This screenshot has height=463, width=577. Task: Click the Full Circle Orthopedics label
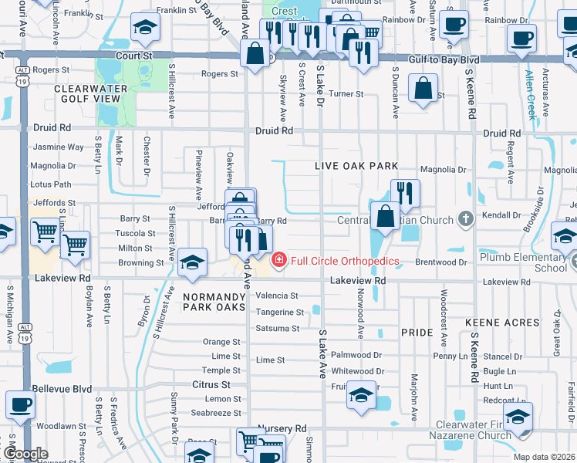[344, 261]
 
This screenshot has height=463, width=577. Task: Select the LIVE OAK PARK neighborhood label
[356, 166]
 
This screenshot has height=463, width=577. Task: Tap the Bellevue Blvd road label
[62, 390]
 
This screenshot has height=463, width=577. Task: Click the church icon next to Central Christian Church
[465, 220]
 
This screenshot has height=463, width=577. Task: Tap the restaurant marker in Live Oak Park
[404, 193]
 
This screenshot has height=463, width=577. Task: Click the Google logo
[26, 454]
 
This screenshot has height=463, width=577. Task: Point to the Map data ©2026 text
[543, 457]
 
